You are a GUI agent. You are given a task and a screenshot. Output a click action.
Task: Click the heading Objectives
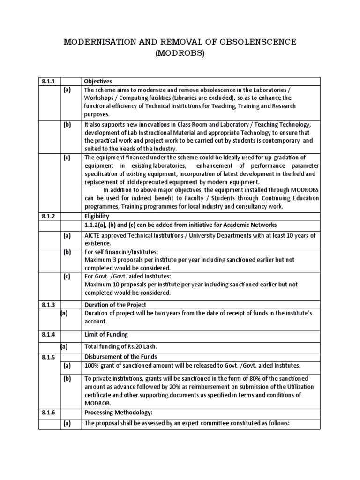[98, 81]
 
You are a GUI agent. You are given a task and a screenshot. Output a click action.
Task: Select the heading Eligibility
[97, 216]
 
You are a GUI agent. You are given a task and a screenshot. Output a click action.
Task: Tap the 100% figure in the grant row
[91, 365]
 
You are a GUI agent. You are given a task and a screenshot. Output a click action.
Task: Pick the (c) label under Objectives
[67, 157]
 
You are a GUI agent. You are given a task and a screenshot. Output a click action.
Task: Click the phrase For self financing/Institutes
[119, 252]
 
